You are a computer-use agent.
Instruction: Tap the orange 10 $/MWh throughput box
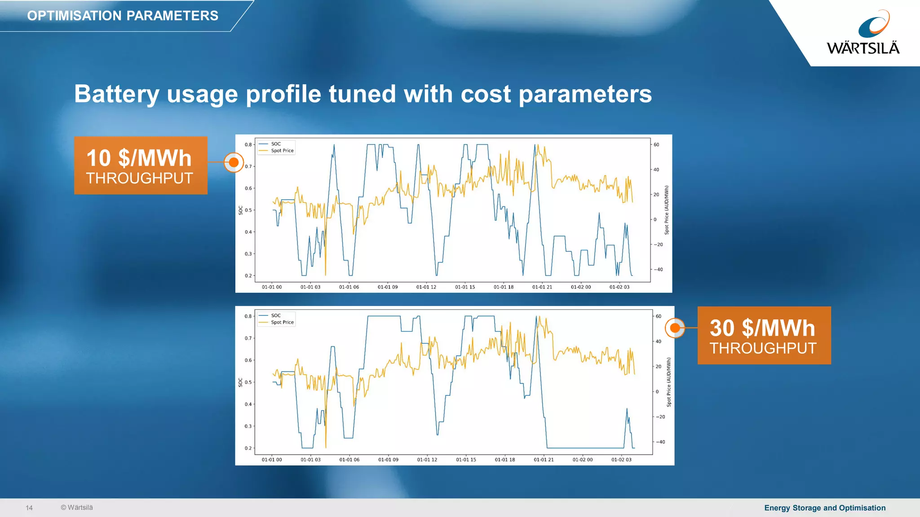coord(141,166)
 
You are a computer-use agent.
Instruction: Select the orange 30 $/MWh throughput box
coord(764,335)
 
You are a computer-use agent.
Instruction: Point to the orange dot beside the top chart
coord(234,162)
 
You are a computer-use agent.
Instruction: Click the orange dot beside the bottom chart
coord(675,328)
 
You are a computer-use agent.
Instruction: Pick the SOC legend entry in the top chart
coord(276,144)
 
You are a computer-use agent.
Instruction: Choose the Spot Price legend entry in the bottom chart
coord(282,322)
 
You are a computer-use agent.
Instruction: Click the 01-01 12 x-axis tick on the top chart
coord(426,287)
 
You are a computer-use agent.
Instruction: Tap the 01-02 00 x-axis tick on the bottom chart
coord(583,460)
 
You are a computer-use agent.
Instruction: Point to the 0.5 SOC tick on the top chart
coord(248,210)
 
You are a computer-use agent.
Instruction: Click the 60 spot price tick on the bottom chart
coord(658,316)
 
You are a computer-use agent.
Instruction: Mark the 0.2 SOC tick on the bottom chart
coord(248,448)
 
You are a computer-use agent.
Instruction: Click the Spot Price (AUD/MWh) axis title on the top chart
coord(667,210)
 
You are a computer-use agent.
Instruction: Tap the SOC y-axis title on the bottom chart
coord(240,382)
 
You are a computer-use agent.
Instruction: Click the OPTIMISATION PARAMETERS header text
coord(123,16)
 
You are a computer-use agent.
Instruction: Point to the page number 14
coord(29,508)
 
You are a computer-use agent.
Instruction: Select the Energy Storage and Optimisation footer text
coord(825,508)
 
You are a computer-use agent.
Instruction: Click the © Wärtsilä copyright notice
coord(77,508)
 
